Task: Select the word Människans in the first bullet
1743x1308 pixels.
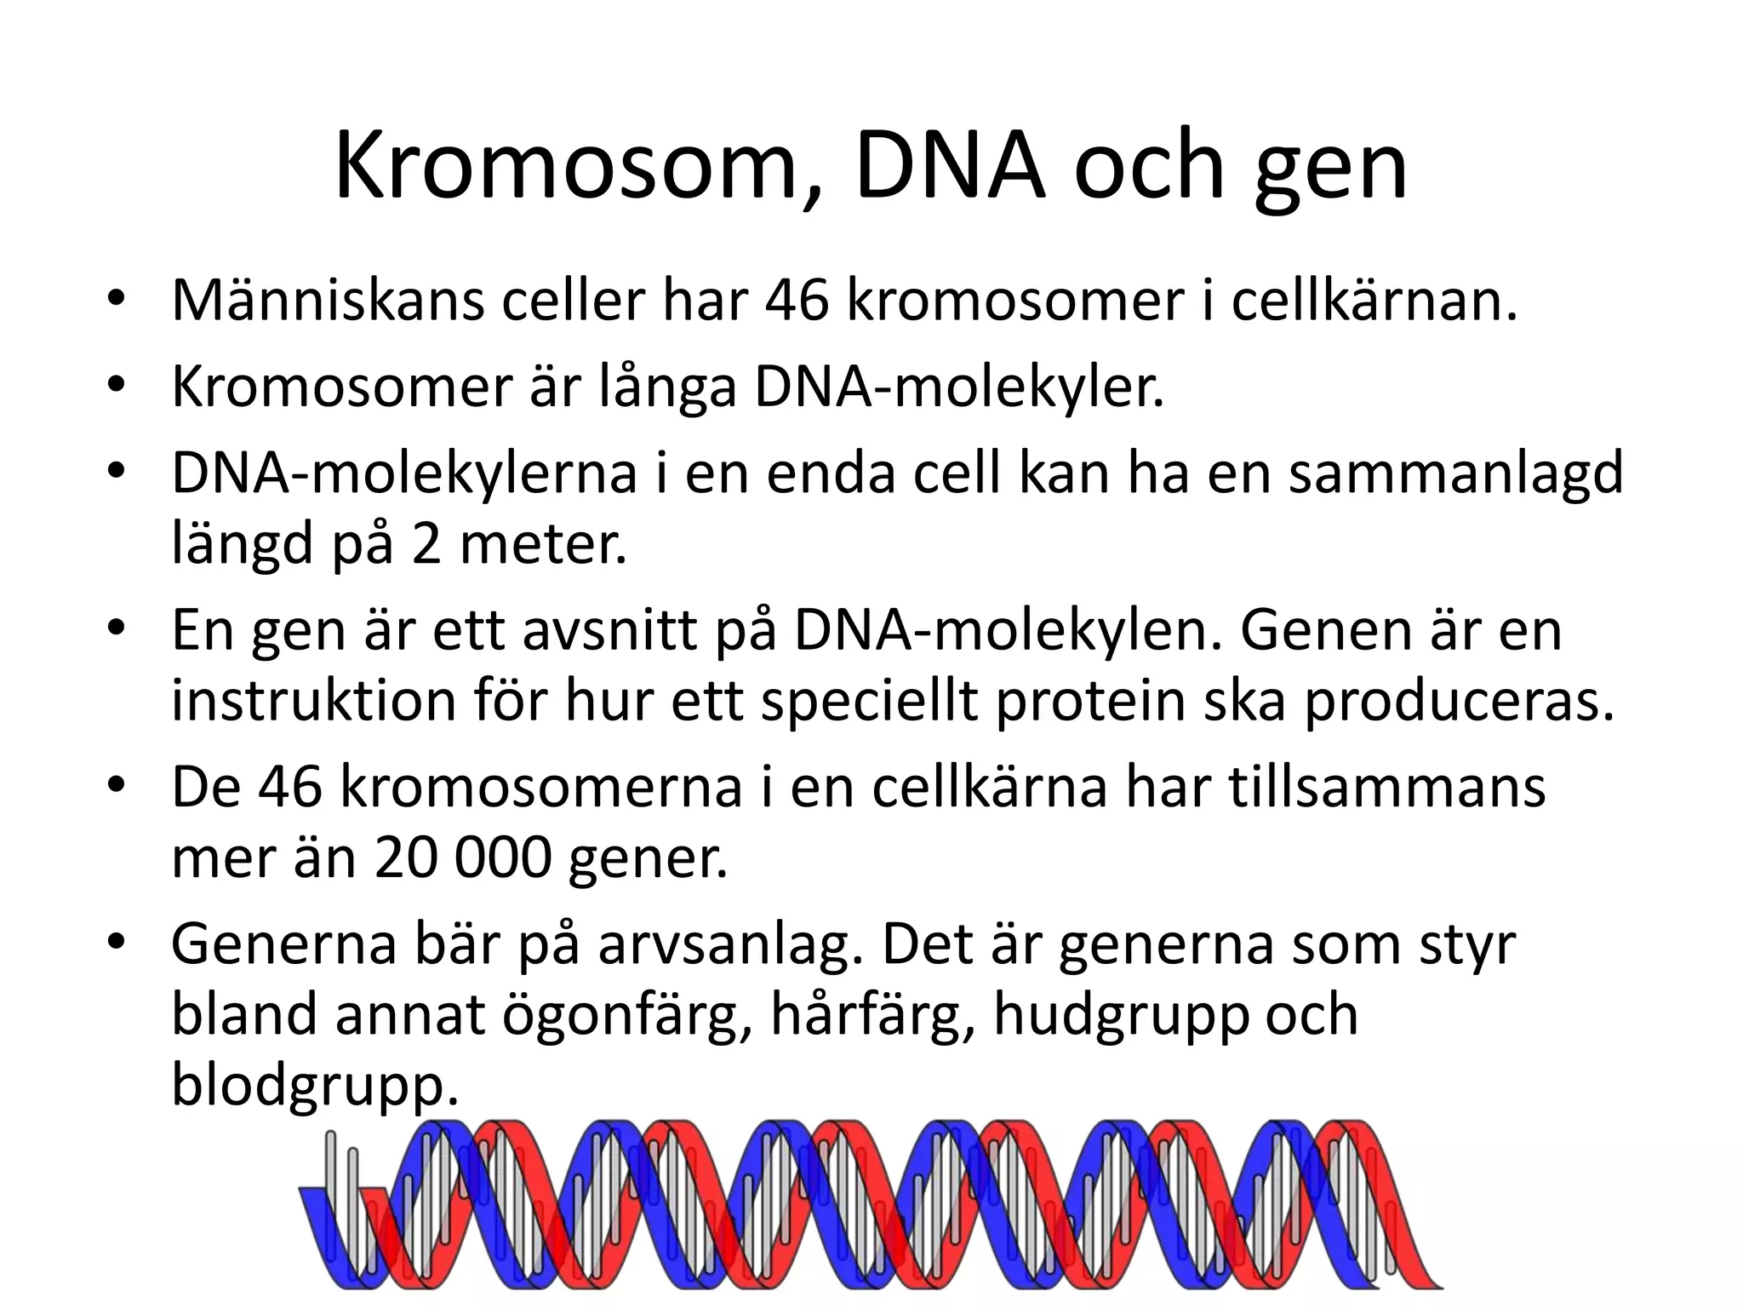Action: [x=328, y=301]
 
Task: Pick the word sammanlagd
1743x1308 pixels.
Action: [x=1455, y=473]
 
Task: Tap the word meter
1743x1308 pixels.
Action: [x=543, y=544]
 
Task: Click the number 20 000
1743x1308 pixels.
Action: [x=464, y=858]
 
